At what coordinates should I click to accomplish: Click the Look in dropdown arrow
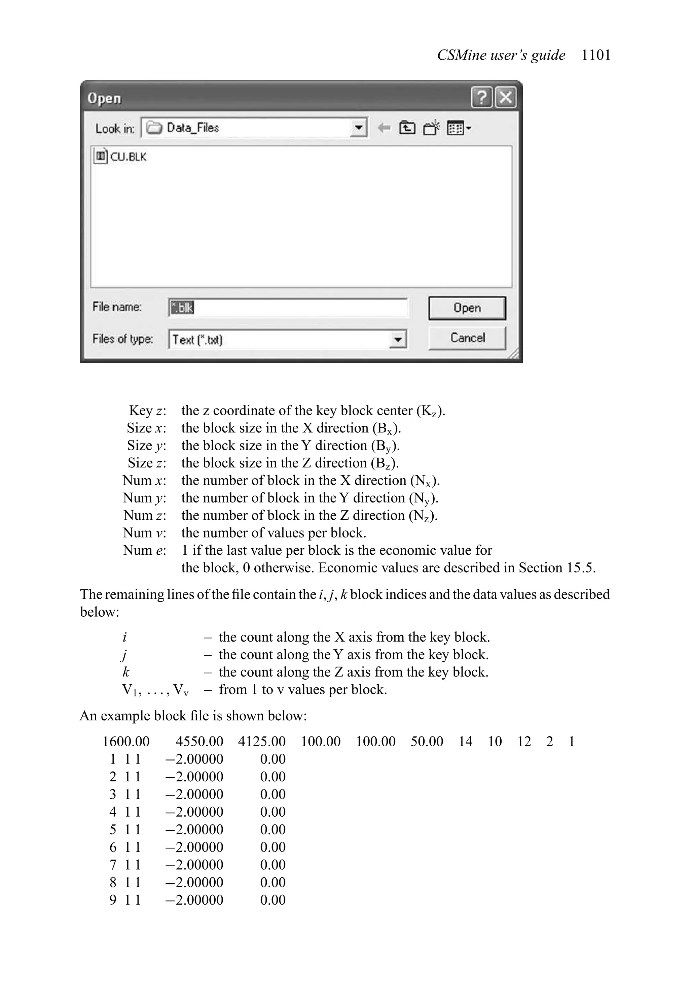[x=358, y=128]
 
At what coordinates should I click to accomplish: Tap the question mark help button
[x=481, y=97]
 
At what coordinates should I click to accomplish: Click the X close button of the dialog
[x=506, y=97]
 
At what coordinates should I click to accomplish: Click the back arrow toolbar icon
[x=384, y=128]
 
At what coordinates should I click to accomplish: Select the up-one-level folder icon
[x=407, y=128]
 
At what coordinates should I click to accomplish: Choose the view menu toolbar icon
[x=458, y=128]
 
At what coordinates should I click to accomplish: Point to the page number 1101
[x=596, y=55]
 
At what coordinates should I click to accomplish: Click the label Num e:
[x=144, y=550]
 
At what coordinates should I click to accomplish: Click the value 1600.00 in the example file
[x=126, y=741]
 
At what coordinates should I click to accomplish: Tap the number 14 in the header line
[x=465, y=741]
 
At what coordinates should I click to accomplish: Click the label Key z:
[x=147, y=410]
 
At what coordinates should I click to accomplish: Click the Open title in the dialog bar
[x=104, y=98]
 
